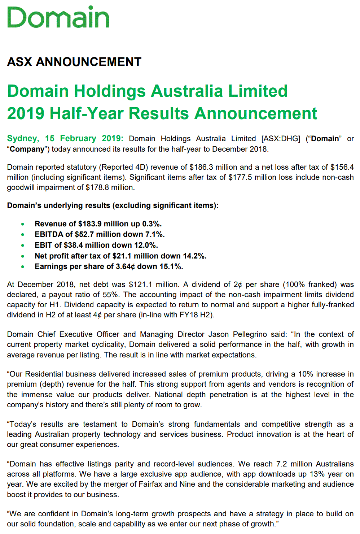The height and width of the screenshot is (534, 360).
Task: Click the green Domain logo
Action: (x=58, y=17)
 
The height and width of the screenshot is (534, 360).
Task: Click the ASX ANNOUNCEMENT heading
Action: (x=74, y=62)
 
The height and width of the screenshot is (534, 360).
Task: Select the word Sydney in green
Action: (x=23, y=139)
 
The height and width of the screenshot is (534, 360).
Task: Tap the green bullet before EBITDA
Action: (x=23, y=235)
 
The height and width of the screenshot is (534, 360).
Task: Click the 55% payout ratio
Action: (x=112, y=295)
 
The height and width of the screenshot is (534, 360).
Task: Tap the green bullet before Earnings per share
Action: (x=23, y=267)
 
